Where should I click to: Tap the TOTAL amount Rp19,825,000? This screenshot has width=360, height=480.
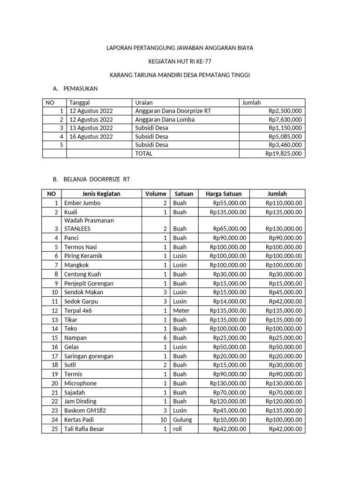tap(284, 153)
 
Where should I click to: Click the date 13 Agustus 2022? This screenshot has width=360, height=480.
tap(91, 128)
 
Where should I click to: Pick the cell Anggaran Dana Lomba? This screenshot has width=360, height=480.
tap(158, 120)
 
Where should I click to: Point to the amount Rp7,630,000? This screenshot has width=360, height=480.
tap(285, 120)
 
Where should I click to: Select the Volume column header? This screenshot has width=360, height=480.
tap(156, 194)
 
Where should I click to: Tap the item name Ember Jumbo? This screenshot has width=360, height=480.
tap(82, 203)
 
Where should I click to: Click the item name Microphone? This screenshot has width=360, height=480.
tap(80, 383)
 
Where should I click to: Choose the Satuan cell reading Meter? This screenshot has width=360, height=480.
tap(181, 310)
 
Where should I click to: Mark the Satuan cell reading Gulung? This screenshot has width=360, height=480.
tap(182, 420)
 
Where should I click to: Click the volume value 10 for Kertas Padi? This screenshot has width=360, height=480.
tap(163, 420)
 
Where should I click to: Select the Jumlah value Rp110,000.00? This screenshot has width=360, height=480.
tap(284, 203)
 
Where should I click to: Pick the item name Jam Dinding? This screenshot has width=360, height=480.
tap(80, 401)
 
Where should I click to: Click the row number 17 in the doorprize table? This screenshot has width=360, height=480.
tap(55, 356)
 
